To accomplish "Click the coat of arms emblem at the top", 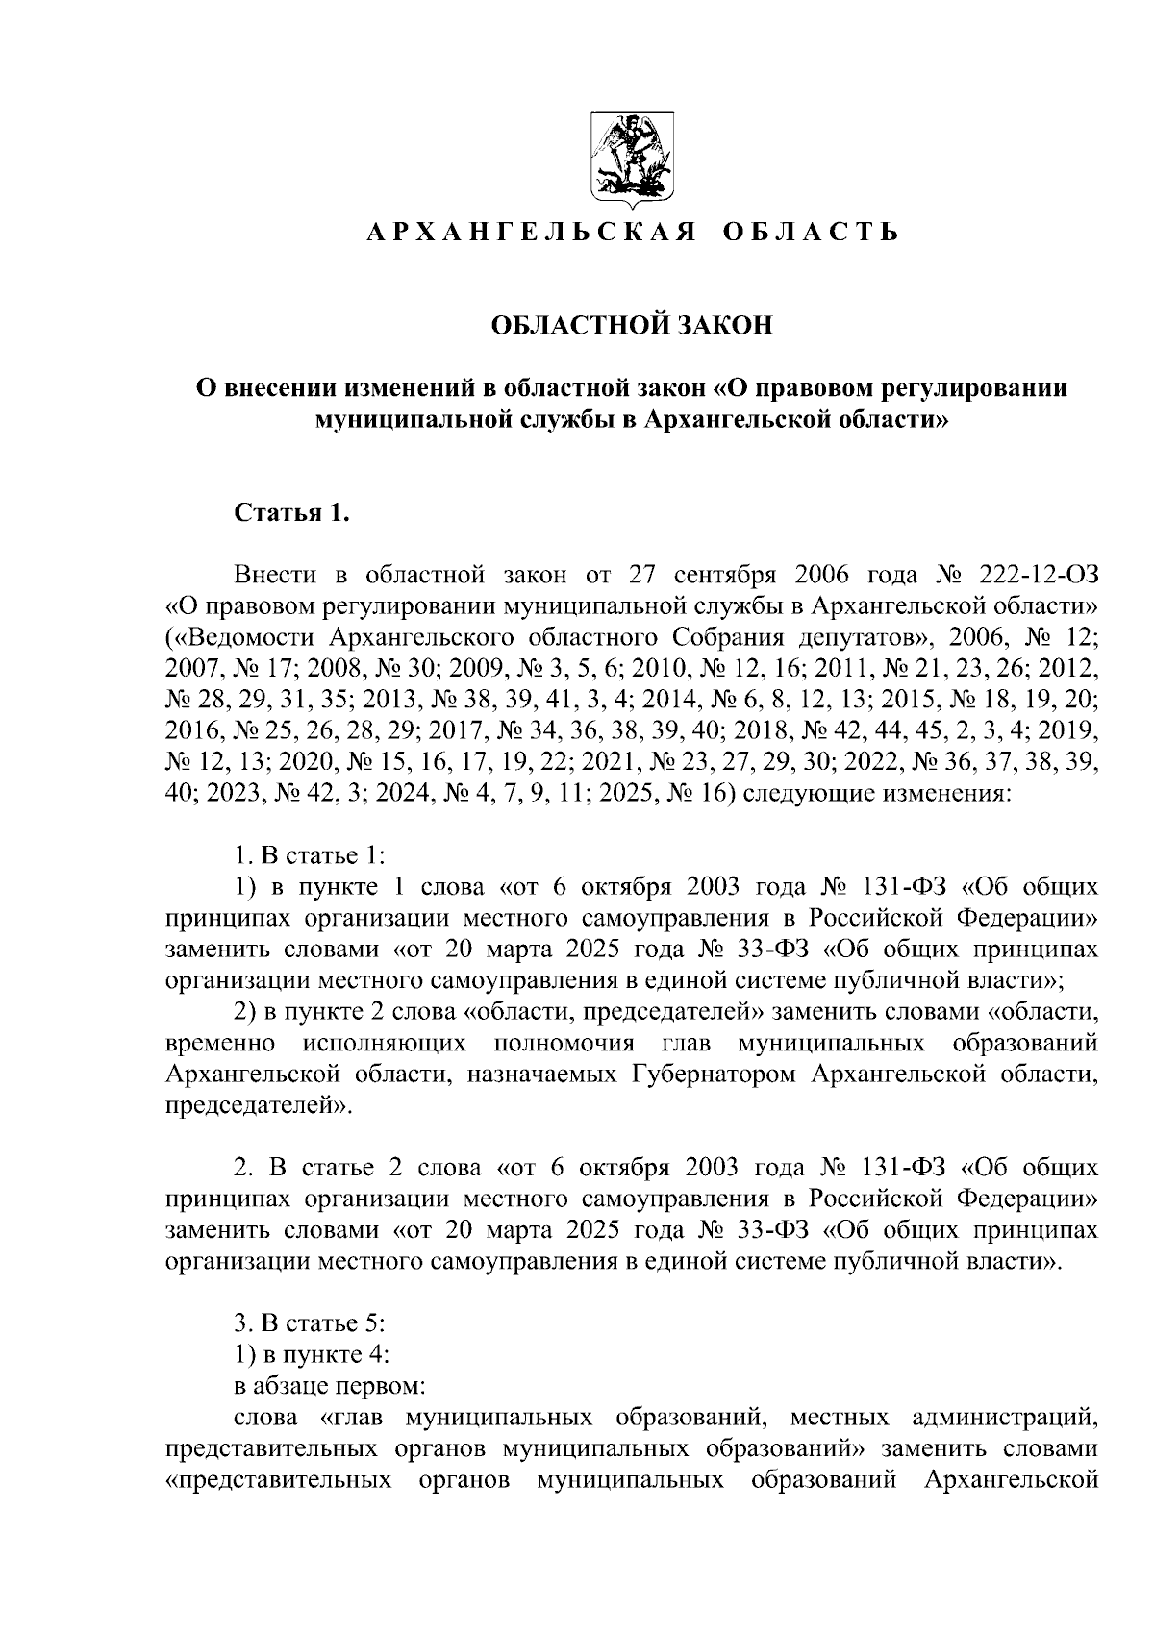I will tap(623, 161).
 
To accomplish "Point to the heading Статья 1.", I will tap(291, 512).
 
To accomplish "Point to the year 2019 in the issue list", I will tap(1071, 730).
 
